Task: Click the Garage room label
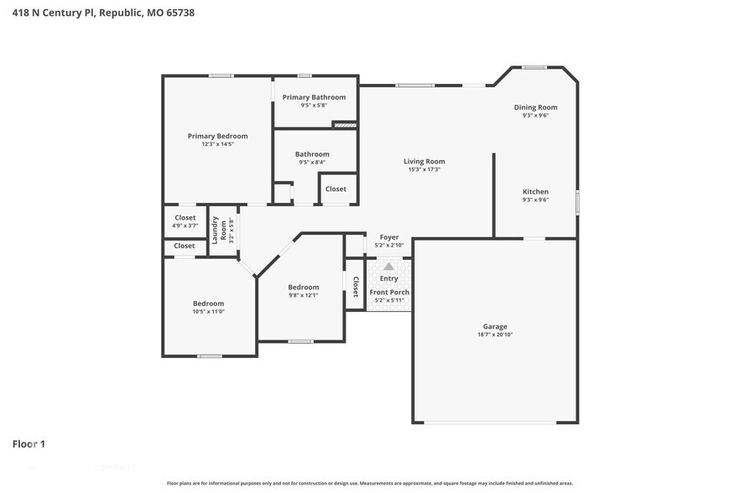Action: tap(495, 326)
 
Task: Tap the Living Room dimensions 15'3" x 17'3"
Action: tap(424, 169)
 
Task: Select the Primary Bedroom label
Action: tap(217, 136)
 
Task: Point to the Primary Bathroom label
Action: tap(314, 97)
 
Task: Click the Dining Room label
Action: tap(535, 107)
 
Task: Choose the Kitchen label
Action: tap(535, 191)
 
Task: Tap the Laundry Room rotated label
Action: tap(219, 231)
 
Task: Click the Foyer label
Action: tap(389, 237)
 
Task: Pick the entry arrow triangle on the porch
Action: tap(388, 267)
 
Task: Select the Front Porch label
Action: tap(389, 292)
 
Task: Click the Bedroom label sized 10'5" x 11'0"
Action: tap(208, 304)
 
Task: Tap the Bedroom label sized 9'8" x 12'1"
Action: tap(304, 288)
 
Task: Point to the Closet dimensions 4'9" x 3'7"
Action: tap(185, 226)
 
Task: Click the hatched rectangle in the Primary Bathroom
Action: tap(345, 125)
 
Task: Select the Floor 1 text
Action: tap(29, 444)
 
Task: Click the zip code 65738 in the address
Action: tap(180, 13)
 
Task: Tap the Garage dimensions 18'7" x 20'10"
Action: tap(495, 335)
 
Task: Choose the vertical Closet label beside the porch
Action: tap(356, 287)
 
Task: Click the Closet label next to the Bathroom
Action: tap(336, 189)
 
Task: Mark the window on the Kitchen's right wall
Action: tap(577, 203)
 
